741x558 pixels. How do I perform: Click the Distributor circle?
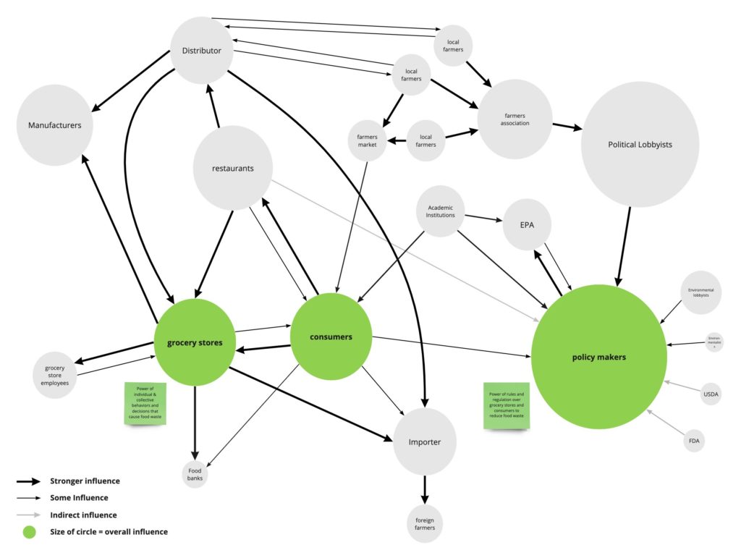point(201,50)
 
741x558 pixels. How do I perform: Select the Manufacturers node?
point(55,125)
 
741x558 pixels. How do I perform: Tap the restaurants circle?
point(233,168)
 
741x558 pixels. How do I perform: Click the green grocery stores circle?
point(194,342)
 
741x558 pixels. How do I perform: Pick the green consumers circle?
point(331,337)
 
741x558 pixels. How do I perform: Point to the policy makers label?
point(598,357)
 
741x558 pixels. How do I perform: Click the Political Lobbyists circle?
point(640,145)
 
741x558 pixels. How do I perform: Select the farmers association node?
point(515,119)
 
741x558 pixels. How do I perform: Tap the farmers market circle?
point(368,140)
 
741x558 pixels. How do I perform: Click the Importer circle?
point(425,442)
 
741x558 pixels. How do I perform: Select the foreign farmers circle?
point(425,523)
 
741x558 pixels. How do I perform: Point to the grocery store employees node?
point(55,373)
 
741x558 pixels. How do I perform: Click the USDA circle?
point(711,394)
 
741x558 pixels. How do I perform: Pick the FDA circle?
point(694,440)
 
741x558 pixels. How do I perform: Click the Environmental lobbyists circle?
point(700,292)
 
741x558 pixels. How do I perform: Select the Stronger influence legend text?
point(85,481)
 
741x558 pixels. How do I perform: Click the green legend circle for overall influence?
point(29,532)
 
